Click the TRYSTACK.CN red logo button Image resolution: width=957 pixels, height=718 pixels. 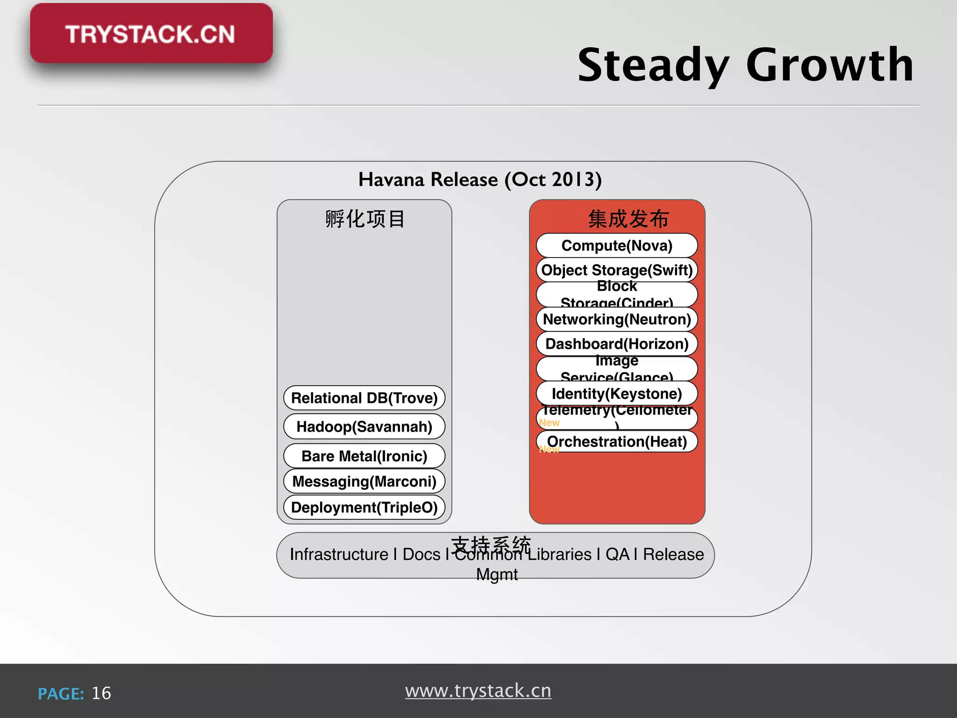tap(151, 34)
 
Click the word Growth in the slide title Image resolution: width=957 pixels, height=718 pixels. tap(829, 65)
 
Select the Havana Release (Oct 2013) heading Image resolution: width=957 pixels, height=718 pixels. tap(480, 179)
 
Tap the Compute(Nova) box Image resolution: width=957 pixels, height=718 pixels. tap(617, 245)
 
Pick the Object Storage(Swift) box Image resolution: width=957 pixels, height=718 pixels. tap(617, 270)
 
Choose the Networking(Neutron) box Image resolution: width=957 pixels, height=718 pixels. tap(617, 319)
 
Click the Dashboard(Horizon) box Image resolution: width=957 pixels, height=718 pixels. tap(617, 344)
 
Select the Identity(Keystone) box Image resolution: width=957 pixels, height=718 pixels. tap(617, 394)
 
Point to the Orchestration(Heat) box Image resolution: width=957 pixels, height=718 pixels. tap(617, 441)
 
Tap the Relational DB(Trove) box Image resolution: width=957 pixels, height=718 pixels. tap(364, 398)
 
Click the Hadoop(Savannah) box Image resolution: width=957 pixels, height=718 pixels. tap(364, 426)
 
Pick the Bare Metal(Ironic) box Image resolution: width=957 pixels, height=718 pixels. tap(364, 456)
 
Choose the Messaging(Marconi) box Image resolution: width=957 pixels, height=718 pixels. tap(364, 481)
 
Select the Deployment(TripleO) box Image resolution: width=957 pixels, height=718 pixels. tap(364, 507)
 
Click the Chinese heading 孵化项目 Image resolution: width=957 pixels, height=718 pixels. tap(365, 219)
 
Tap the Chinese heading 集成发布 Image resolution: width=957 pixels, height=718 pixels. tap(628, 219)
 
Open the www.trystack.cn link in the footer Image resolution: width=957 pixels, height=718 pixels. tap(478, 690)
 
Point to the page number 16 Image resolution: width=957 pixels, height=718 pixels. tap(101, 693)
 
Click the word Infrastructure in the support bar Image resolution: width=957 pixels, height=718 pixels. tap(339, 554)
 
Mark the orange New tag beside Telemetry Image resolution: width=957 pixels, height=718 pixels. tap(549, 423)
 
